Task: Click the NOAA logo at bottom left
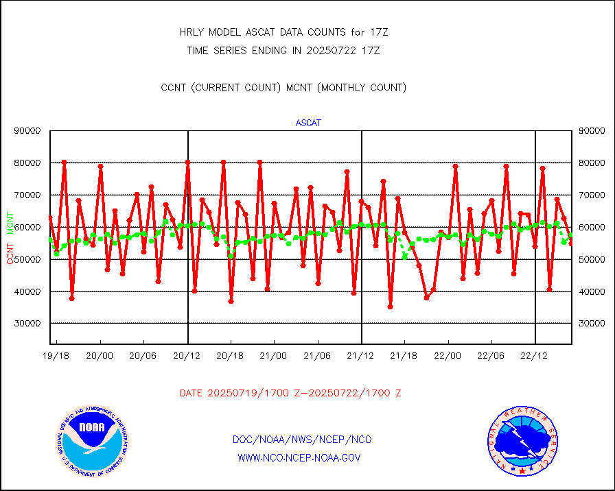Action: (x=91, y=443)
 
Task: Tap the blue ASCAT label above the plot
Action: (x=308, y=123)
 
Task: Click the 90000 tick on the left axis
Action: (x=28, y=130)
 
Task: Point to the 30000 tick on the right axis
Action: (x=592, y=323)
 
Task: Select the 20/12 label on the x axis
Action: (x=187, y=356)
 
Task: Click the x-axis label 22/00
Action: (x=448, y=356)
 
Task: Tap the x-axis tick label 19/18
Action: (x=55, y=356)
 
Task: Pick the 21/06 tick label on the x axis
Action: (x=317, y=356)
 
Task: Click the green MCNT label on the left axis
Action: (x=10, y=222)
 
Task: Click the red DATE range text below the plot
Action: (x=290, y=394)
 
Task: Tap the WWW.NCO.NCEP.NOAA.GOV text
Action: (x=299, y=457)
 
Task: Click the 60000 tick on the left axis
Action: (x=28, y=227)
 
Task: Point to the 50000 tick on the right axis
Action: (x=592, y=259)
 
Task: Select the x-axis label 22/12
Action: (x=535, y=356)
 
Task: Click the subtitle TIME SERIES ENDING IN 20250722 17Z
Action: (x=283, y=50)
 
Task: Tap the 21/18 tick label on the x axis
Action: (x=404, y=356)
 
